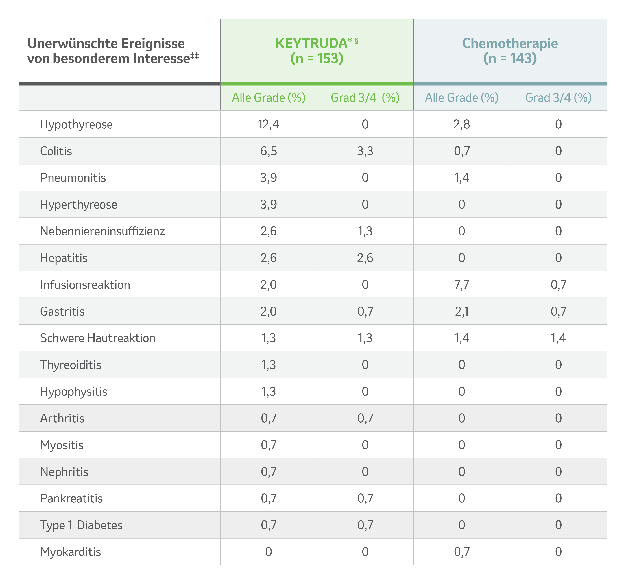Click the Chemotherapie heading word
coord(510,43)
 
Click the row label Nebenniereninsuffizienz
coord(102,231)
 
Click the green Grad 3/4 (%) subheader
coord(365,98)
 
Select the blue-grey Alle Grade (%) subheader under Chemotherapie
coord(462,98)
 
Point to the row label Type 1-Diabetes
coord(81,525)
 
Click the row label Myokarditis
coord(71,552)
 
